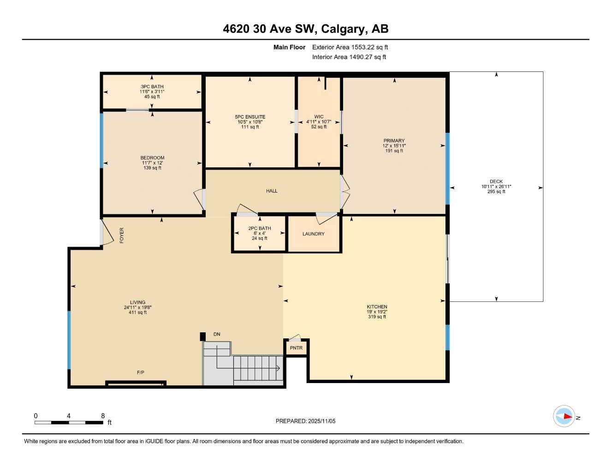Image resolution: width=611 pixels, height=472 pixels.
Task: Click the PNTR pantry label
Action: (x=296, y=348)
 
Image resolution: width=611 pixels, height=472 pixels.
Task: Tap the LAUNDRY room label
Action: (x=314, y=234)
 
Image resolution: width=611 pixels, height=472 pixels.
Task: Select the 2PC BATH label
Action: (x=260, y=229)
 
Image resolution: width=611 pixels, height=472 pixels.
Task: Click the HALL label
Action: (x=272, y=191)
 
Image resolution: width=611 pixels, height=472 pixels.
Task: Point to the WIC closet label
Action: (x=319, y=117)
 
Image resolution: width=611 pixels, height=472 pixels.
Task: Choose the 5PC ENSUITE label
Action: (x=250, y=117)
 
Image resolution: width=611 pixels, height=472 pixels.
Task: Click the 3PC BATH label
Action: (x=152, y=87)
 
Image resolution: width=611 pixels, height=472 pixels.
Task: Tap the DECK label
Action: (x=496, y=182)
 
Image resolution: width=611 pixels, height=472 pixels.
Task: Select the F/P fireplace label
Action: (x=141, y=372)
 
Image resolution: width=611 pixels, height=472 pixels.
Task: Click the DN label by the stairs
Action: (x=217, y=334)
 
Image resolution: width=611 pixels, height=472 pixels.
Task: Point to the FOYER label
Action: (x=122, y=236)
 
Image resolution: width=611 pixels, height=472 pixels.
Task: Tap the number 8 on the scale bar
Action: (x=103, y=416)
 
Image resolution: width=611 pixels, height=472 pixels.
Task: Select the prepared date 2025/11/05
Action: (x=321, y=421)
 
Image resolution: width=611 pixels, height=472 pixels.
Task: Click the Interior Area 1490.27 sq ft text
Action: (x=349, y=57)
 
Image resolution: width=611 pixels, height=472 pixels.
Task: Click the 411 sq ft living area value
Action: (x=137, y=313)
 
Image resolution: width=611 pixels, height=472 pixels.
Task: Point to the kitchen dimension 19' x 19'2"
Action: (x=377, y=312)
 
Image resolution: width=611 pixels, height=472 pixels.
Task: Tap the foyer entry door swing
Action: (x=107, y=234)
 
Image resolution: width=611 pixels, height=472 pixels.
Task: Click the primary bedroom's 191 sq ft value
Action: (x=394, y=151)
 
